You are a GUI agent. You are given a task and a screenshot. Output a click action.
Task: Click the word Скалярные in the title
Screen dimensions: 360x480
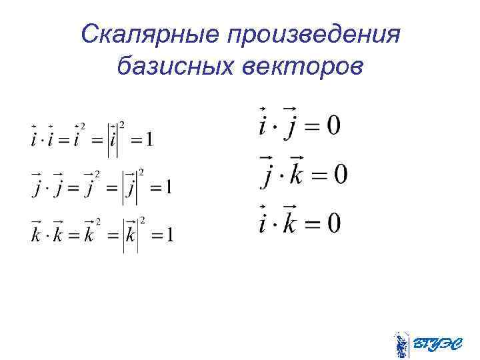tap(148, 33)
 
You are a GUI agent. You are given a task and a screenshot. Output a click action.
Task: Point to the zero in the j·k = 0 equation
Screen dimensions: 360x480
tap(339, 175)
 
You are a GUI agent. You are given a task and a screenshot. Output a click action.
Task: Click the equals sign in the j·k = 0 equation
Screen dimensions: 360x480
tap(319, 175)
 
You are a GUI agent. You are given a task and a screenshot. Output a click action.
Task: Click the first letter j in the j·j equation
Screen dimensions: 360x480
tap(37, 189)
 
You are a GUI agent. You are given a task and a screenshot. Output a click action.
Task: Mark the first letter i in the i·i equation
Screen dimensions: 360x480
tap(34, 139)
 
